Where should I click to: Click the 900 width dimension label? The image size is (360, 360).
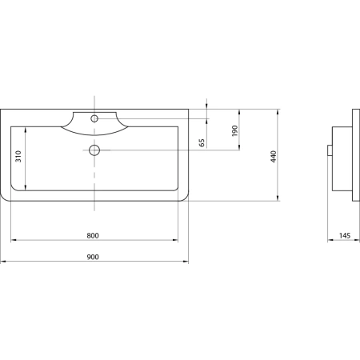(93, 257)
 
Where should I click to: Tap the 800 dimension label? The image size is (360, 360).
(93, 235)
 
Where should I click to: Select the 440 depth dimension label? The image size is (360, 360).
(274, 157)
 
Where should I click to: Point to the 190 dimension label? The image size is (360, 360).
(234, 130)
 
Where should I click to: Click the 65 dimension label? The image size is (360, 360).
(202, 142)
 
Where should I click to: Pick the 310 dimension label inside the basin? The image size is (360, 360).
(18, 156)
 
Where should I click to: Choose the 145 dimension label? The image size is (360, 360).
(345, 235)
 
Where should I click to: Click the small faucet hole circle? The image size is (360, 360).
(94, 118)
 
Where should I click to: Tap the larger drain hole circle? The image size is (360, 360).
(94, 150)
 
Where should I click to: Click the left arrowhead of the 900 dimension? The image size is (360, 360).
(2, 262)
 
